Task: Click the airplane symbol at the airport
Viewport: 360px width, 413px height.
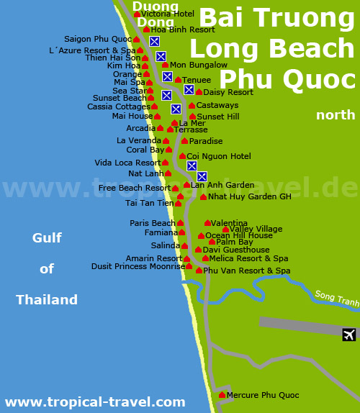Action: coord(349,335)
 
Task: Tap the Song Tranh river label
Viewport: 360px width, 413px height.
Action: coord(336,298)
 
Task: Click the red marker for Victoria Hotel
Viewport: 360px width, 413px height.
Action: coord(137,14)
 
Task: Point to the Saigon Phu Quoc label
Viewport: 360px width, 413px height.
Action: coord(98,39)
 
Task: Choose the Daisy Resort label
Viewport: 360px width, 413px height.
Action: coord(228,92)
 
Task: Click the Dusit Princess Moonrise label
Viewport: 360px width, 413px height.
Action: coord(138,266)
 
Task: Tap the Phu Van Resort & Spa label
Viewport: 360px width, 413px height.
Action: coord(246,271)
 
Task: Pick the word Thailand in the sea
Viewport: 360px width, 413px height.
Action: coord(47,300)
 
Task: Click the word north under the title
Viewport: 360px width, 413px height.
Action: coord(336,115)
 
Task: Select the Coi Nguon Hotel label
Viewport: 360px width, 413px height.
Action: coord(219,156)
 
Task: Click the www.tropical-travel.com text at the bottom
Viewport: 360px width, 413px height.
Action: coord(95,402)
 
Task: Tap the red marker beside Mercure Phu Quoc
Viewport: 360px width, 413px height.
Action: coord(222,394)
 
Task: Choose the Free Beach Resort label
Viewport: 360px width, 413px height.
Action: coord(135,188)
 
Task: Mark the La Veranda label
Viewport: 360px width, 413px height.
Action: coord(139,140)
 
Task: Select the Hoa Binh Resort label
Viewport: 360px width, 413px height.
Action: coord(183,29)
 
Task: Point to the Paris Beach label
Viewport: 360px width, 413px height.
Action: coord(153,223)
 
